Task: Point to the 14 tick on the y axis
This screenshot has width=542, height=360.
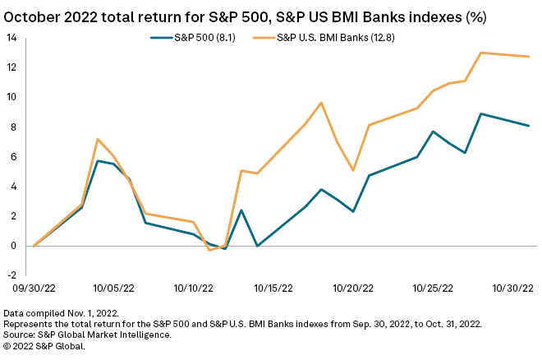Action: pos(12,38)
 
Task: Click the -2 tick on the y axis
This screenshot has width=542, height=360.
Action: pos(11,275)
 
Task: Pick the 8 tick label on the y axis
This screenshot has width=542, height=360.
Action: pos(12,127)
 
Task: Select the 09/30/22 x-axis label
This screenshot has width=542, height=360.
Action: pos(34,288)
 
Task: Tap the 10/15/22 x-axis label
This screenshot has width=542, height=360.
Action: pos(273,288)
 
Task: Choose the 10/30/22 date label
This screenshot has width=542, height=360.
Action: pos(513,288)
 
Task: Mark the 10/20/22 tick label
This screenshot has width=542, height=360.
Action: pos(352,288)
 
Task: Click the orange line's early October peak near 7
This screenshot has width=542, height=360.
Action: pos(98,139)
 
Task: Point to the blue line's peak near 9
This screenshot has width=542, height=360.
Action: pos(480,113)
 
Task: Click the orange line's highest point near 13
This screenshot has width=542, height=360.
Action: pos(480,53)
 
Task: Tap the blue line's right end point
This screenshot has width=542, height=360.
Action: pos(529,126)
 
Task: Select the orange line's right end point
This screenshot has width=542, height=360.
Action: pos(529,57)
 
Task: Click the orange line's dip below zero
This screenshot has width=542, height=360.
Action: pos(209,250)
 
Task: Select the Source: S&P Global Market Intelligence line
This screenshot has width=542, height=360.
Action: pos(87,335)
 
